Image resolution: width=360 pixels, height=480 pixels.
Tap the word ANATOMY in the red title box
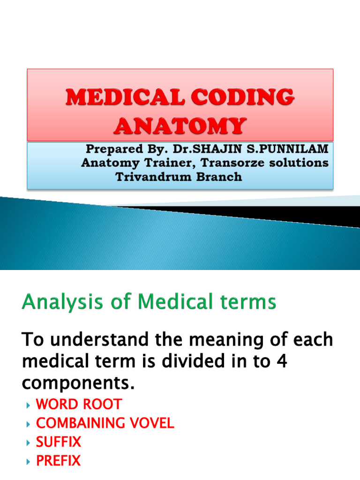click(180, 126)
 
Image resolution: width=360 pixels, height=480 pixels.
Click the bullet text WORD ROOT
click(79, 405)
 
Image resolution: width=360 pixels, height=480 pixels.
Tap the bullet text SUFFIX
click(59, 442)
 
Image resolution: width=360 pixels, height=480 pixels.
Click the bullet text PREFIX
click(58, 461)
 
